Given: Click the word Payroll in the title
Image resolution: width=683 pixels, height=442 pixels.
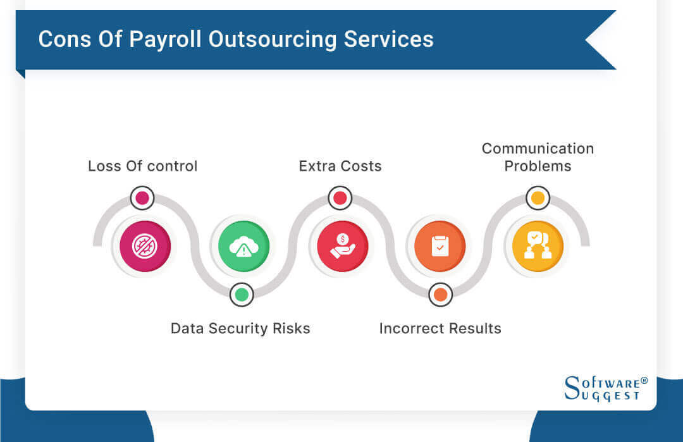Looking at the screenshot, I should pos(168,39).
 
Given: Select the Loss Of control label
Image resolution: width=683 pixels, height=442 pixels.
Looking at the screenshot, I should pos(142,166).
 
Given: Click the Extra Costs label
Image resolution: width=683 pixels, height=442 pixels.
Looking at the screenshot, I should pos(340,166).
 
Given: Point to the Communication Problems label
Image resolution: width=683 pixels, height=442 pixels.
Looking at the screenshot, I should pos(538,157).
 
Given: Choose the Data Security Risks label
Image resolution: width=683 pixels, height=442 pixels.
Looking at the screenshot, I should pos(240,328).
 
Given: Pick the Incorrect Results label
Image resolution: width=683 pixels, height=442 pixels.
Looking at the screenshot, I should pos(440,328).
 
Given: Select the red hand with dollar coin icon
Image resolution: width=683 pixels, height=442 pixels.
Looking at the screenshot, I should pos(342,246).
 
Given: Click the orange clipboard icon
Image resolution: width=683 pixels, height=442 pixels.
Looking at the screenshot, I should pos(440,246).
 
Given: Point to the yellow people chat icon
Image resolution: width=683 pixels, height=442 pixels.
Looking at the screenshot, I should pos(538,246).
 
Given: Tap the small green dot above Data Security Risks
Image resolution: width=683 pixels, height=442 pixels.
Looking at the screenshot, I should pos(241,294).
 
